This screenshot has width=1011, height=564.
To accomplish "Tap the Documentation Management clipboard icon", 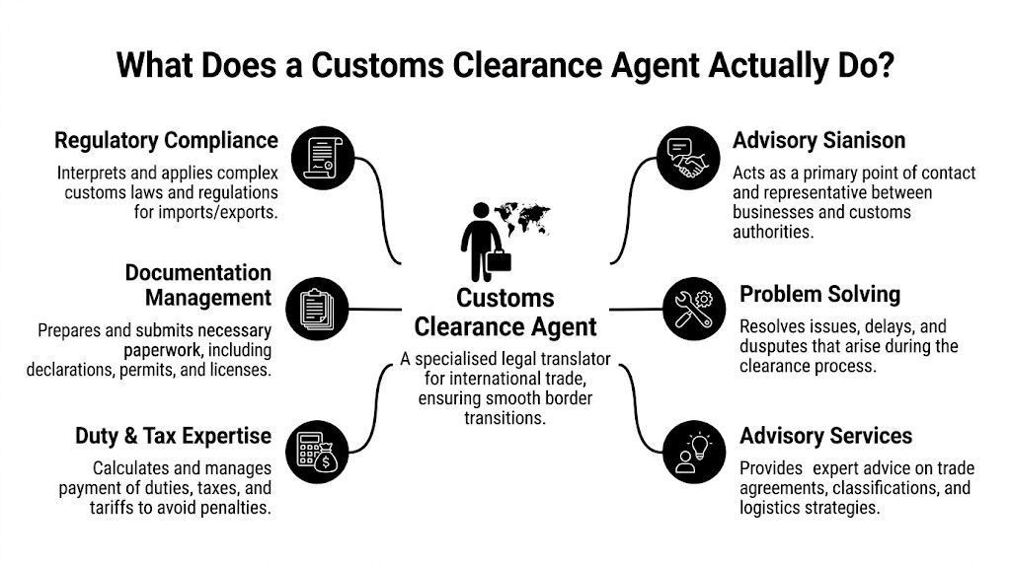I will pyautogui.click(x=316, y=307).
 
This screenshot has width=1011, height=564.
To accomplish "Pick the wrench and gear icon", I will pyautogui.click(x=694, y=309).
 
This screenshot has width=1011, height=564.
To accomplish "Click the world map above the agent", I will pyautogui.click(x=522, y=216).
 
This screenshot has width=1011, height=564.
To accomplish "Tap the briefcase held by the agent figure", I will pyautogui.click(x=499, y=263).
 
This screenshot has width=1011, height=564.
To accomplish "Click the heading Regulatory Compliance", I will pyautogui.click(x=166, y=140).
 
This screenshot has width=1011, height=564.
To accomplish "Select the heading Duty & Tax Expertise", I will pyautogui.click(x=173, y=436).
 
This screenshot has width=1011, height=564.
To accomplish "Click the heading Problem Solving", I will pyautogui.click(x=819, y=294).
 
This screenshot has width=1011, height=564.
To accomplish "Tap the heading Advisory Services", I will pyautogui.click(x=825, y=436).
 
